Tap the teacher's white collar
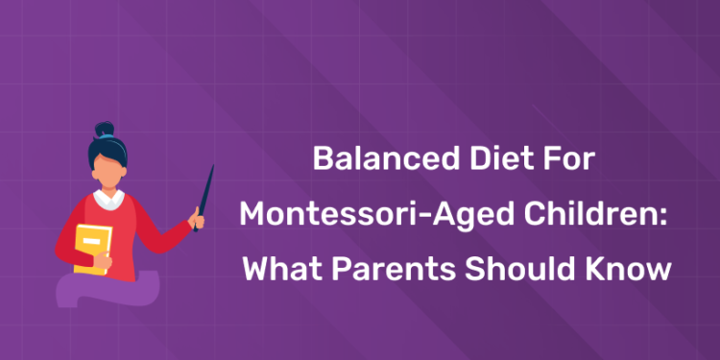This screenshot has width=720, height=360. point(108,200)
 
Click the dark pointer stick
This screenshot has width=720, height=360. point(204,192)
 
